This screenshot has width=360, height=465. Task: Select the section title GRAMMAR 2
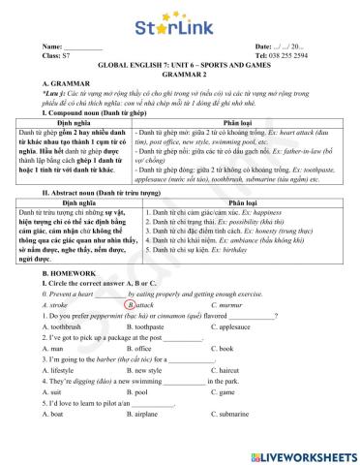[x=179, y=74]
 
